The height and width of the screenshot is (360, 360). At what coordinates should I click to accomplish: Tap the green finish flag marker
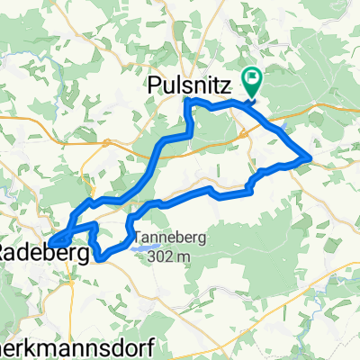click(x=251, y=84)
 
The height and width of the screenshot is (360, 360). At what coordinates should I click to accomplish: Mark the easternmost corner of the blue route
click(x=310, y=158)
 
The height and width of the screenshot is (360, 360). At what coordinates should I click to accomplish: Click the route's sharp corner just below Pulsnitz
click(x=186, y=101)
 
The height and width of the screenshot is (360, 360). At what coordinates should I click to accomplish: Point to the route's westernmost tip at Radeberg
click(x=49, y=242)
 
